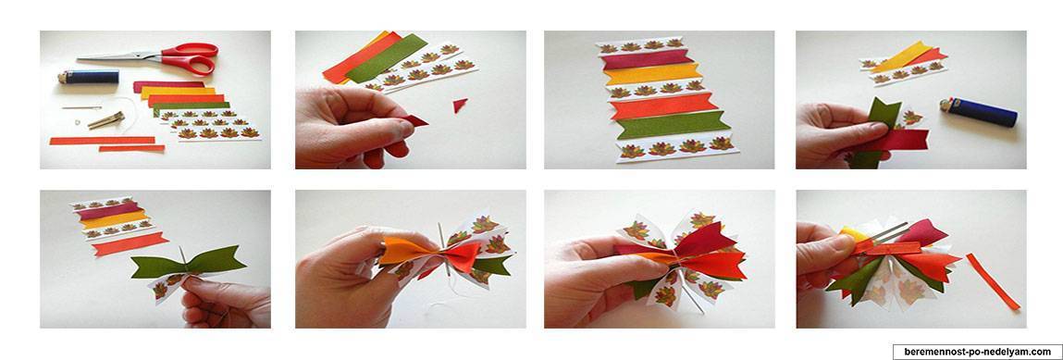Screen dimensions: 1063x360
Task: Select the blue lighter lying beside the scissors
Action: [x=87, y=77]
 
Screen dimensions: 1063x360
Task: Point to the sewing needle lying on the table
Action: [x=82, y=107]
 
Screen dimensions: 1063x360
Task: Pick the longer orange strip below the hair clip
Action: [x=103, y=141]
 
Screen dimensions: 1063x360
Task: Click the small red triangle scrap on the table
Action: [x=461, y=105]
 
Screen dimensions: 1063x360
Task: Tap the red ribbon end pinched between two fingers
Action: [x=414, y=120]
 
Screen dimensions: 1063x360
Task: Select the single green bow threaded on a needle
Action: [x=189, y=265]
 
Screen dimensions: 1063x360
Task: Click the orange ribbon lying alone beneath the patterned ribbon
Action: [x=130, y=243]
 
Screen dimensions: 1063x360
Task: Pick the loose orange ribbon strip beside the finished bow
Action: [x=993, y=280]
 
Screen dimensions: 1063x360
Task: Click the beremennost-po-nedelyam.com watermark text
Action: [x=976, y=352]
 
